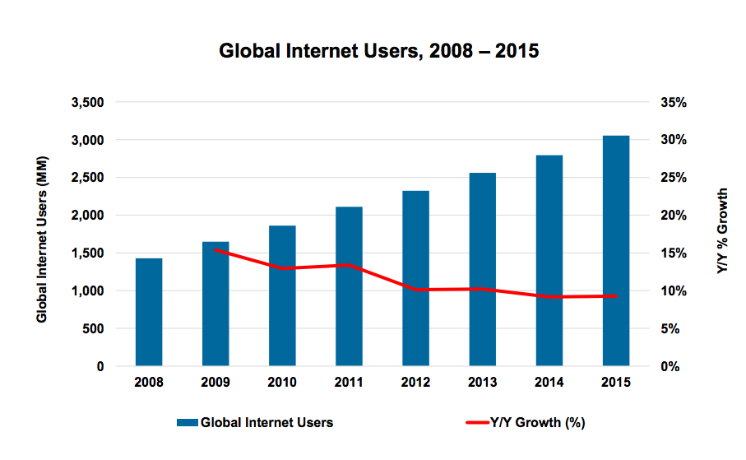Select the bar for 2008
pos(149,312)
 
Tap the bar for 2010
pos(282,295)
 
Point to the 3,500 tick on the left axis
pos(87,103)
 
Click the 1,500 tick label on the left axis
pos(87,253)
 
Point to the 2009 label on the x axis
pos(215,383)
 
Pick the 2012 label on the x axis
pos(415,383)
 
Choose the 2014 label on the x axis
pos(549,383)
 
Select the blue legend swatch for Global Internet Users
pos(187,423)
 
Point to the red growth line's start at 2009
pos(215,249)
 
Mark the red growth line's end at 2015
pos(616,295)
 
